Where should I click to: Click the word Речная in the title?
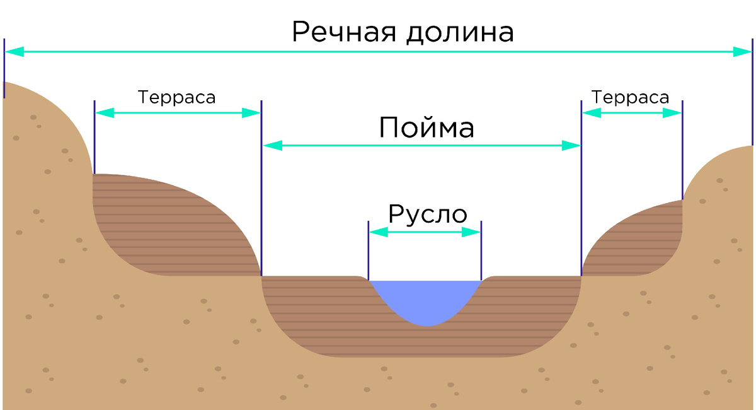click(x=343, y=32)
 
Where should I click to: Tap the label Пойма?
click(x=426, y=128)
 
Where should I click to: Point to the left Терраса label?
click(x=176, y=98)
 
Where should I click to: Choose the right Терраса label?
click(x=630, y=98)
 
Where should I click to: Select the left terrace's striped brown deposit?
click(x=164, y=227)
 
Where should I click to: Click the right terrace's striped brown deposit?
click(x=636, y=243)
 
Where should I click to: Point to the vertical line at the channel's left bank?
click(x=368, y=249)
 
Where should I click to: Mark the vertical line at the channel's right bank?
click(x=481, y=249)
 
